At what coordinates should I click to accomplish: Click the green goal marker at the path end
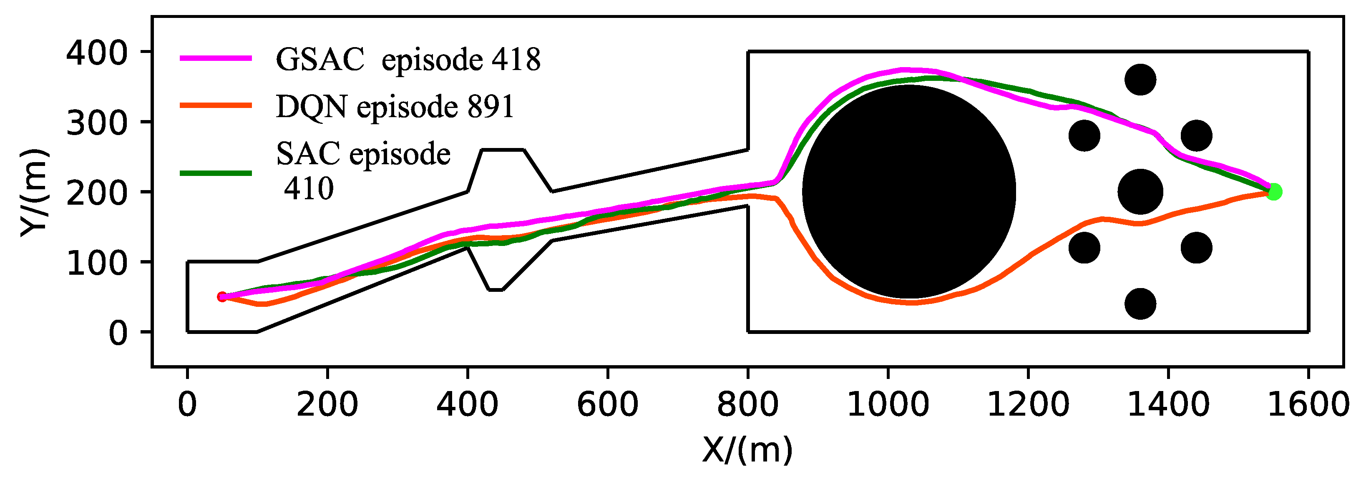click(x=1274, y=192)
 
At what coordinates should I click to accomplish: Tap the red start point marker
click(x=222, y=297)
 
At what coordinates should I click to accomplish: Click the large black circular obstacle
click(x=909, y=192)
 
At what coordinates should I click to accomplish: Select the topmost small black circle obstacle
click(x=1140, y=80)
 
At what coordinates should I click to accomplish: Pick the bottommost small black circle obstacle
click(x=1140, y=304)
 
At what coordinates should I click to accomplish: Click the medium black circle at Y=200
click(x=1140, y=192)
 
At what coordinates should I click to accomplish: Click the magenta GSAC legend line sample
click(x=216, y=58)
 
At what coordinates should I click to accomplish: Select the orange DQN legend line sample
click(x=216, y=105)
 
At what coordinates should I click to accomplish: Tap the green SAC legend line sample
click(x=216, y=173)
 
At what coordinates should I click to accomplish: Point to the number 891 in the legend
click(x=490, y=107)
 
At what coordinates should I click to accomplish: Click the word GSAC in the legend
click(x=320, y=60)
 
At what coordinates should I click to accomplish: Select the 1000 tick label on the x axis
click(x=888, y=405)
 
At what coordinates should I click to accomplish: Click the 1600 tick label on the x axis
click(x=1308, y=405)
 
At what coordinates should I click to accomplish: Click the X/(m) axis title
click(x=747, y=450)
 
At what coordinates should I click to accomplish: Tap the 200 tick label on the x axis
click(x=327, y=405)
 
